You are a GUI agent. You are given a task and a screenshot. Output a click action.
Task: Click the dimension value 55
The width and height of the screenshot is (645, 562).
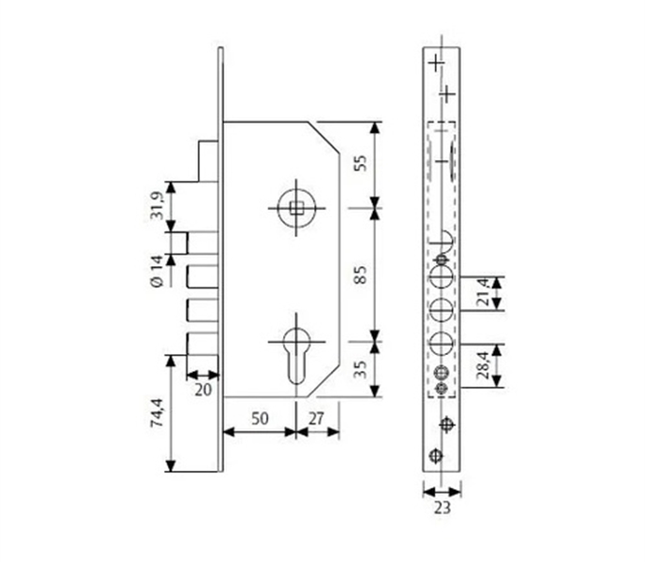click(360, 163)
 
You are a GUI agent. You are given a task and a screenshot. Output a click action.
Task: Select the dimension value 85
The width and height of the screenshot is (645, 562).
click(360, 274)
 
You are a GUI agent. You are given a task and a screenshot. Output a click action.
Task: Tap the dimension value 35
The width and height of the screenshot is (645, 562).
click(360, 369)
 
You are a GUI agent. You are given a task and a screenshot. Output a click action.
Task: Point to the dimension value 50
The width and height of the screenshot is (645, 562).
click(260, 419)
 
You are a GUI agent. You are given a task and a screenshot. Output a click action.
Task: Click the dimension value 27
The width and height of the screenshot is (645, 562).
click(316, 419)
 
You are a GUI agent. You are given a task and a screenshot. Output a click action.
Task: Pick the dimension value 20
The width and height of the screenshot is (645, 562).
click(202, 390)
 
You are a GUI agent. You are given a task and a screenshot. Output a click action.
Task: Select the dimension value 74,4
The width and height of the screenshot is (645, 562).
click(157, 413)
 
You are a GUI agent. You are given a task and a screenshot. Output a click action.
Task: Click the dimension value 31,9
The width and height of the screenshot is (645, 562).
click(157, 205)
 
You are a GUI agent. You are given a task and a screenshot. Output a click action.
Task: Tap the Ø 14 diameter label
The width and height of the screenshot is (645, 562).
click(157, 271)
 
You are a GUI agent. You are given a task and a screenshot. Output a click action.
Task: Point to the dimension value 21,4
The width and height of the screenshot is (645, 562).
click(484, 292)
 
